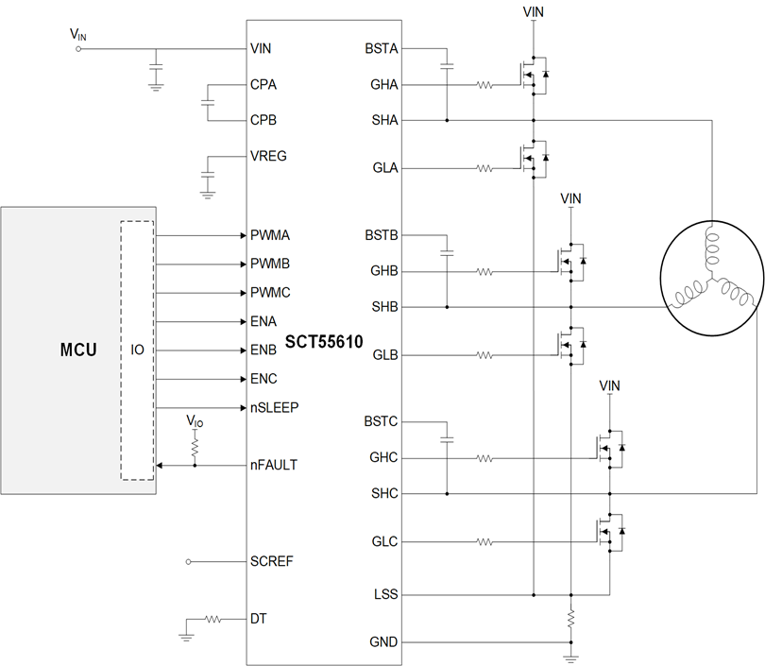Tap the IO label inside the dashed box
137,350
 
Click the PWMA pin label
270,235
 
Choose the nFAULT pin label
273,465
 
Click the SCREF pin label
272,561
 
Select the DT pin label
259,620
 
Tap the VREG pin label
269,156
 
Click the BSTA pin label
381,47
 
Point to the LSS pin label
385,595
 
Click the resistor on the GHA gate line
484,85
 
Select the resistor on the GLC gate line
484,542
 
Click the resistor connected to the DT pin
213,620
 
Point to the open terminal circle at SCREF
189,561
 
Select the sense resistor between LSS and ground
571,620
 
